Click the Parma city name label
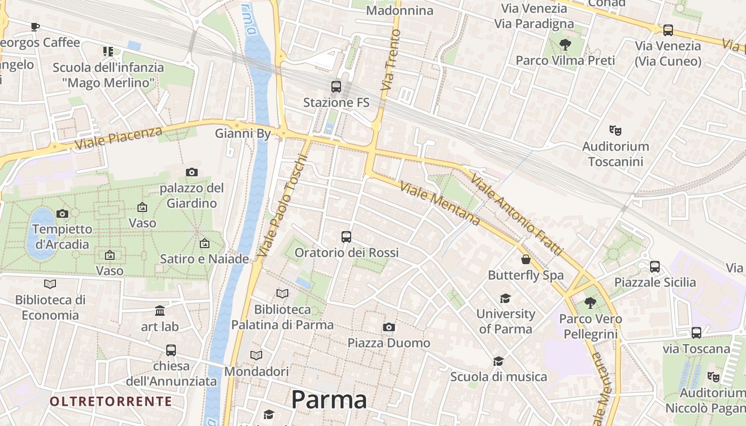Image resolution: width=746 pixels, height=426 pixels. [x=329, y=400]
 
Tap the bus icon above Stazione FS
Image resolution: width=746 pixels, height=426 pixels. [x=336, y=86]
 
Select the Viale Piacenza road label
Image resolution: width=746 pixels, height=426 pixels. [x=118, y=137]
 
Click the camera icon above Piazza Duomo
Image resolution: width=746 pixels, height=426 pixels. [x=389, y=327]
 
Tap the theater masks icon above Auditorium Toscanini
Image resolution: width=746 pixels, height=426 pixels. [x=616, y=130]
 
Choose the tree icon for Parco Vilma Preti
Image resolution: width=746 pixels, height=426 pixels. [x=565, y=45]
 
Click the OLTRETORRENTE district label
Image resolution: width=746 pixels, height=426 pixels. [x=111, y=402]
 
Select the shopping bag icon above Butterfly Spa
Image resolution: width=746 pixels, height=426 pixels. [x=526, y=259]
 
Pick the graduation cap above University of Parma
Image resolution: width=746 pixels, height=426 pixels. [x=505, y=298]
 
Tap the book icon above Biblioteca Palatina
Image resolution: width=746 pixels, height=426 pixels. [x=282, y=293]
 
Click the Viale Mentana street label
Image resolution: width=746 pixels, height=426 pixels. [x=440, y=203]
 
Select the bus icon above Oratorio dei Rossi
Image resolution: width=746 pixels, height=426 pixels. [x=346, y=236]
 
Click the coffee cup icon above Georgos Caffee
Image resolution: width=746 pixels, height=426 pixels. [x=35, y=27]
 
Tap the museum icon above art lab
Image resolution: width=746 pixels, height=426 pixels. [x=160, y=310]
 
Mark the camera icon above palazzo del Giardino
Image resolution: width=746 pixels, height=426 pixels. [x=192, y=172]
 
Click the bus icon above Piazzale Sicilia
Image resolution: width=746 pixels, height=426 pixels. [x=655, y=266]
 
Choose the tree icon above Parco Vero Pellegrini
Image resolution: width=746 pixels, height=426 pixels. [x=590, y=303]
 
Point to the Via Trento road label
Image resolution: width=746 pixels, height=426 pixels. [x=391, y=59]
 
